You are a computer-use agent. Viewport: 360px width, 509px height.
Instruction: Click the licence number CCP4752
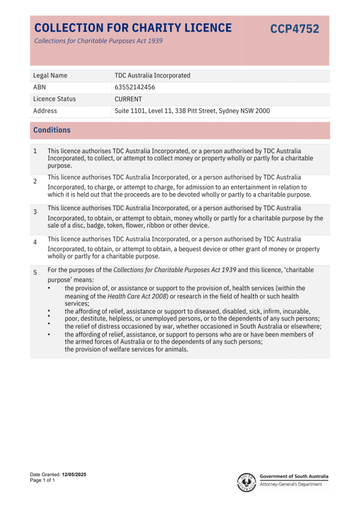click(x=294, y=29)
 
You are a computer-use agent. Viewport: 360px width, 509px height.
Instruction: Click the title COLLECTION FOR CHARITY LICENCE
click(x=133, y=28)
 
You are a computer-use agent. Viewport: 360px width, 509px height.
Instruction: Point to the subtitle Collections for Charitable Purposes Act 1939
click(x=98, y=41)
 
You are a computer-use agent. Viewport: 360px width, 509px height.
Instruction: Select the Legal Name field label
click(x=50, y=76)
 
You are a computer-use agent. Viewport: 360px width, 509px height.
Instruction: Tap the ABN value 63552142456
click(x=135, y=87)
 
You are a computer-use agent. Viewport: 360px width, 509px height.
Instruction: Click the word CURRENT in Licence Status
click(x=128, y=99)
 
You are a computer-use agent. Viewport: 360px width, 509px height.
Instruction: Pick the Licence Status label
click(x=54, y=99)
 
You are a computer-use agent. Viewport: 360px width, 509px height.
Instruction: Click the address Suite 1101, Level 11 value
click(x=192, y=111)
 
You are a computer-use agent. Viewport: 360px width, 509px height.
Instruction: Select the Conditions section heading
click(x=52, y=130)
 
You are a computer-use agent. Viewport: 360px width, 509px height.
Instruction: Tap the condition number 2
click(x=35, y=181)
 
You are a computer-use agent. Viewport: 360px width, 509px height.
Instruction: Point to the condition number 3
click(x=35, y=212)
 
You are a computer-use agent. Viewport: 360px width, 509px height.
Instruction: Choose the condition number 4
click(x=35, y=242)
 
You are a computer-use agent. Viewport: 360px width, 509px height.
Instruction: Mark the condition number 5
click(x=35, y=272)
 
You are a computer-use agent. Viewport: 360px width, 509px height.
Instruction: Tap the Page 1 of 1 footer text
click(x=42, y=481)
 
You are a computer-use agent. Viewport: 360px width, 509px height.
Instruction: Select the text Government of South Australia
click(x=294, y=476)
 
